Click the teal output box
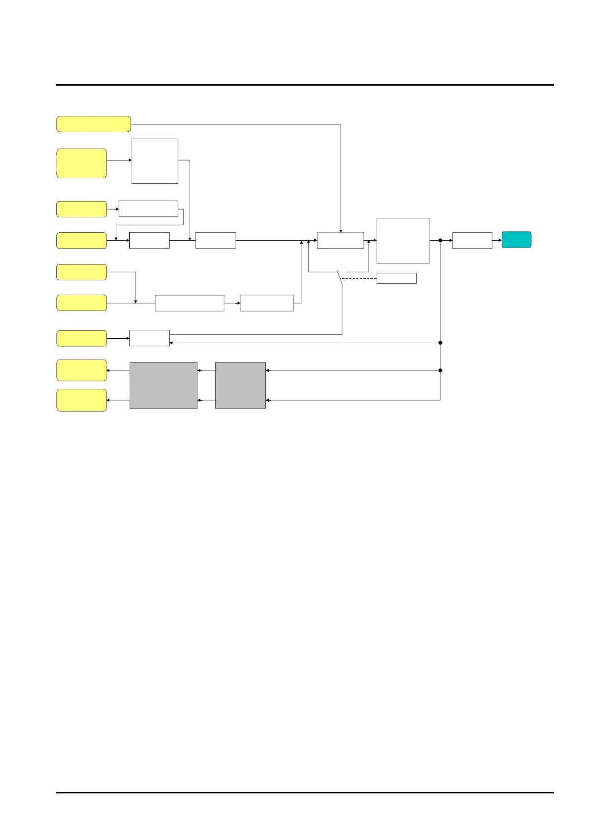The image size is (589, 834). [x=516, y=240]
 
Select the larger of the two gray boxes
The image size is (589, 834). [x=163, y=385]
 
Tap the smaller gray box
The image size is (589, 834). [x=241, y=385]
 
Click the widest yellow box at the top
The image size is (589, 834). [x=94, y=124]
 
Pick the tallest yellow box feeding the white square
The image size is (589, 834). [x=82, y=163]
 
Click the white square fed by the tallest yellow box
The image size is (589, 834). [x=155, y=161]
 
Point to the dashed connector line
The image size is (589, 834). [x=359, y=278]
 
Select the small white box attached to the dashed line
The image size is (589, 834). [x=396, y=278]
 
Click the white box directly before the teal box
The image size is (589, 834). [x=472, y=240]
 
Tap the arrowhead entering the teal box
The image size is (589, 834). [x=500, y=240]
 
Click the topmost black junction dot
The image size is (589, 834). [x=440, y=240]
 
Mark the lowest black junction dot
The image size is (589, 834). [x=440, y=370]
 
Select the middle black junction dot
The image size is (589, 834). [x=440, y=343]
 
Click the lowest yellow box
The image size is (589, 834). [x=82, y=400]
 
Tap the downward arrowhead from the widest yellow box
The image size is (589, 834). [x=341, y=230]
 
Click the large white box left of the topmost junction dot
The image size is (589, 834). [x=403, y=241]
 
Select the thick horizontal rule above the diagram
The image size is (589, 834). [x=304, y=85]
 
